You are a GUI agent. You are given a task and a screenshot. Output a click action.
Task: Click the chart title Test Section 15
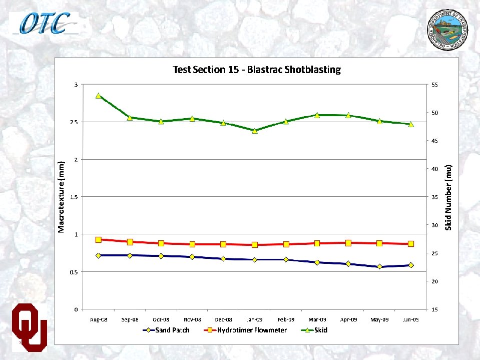point(256,70)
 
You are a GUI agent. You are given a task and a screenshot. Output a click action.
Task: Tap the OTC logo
point(45,23)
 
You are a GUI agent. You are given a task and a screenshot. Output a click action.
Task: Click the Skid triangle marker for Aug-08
point(99,95)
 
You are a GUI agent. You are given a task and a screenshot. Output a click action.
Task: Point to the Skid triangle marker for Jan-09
point(255,131)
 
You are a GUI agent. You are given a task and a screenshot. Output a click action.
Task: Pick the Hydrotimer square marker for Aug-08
point(99,240)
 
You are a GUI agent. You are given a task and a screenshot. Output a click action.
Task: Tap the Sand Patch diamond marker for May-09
point(379,267)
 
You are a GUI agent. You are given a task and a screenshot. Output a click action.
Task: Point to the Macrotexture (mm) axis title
point(61,197)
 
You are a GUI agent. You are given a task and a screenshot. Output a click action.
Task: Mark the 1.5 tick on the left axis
point(73,197)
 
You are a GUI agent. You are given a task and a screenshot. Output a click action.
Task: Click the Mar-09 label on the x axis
point(317,319)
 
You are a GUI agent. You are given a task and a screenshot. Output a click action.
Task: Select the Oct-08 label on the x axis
point(161,319)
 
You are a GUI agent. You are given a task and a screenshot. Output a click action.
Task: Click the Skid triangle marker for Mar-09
point(317,115)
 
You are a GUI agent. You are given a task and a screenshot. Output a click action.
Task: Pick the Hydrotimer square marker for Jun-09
point(411,244)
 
